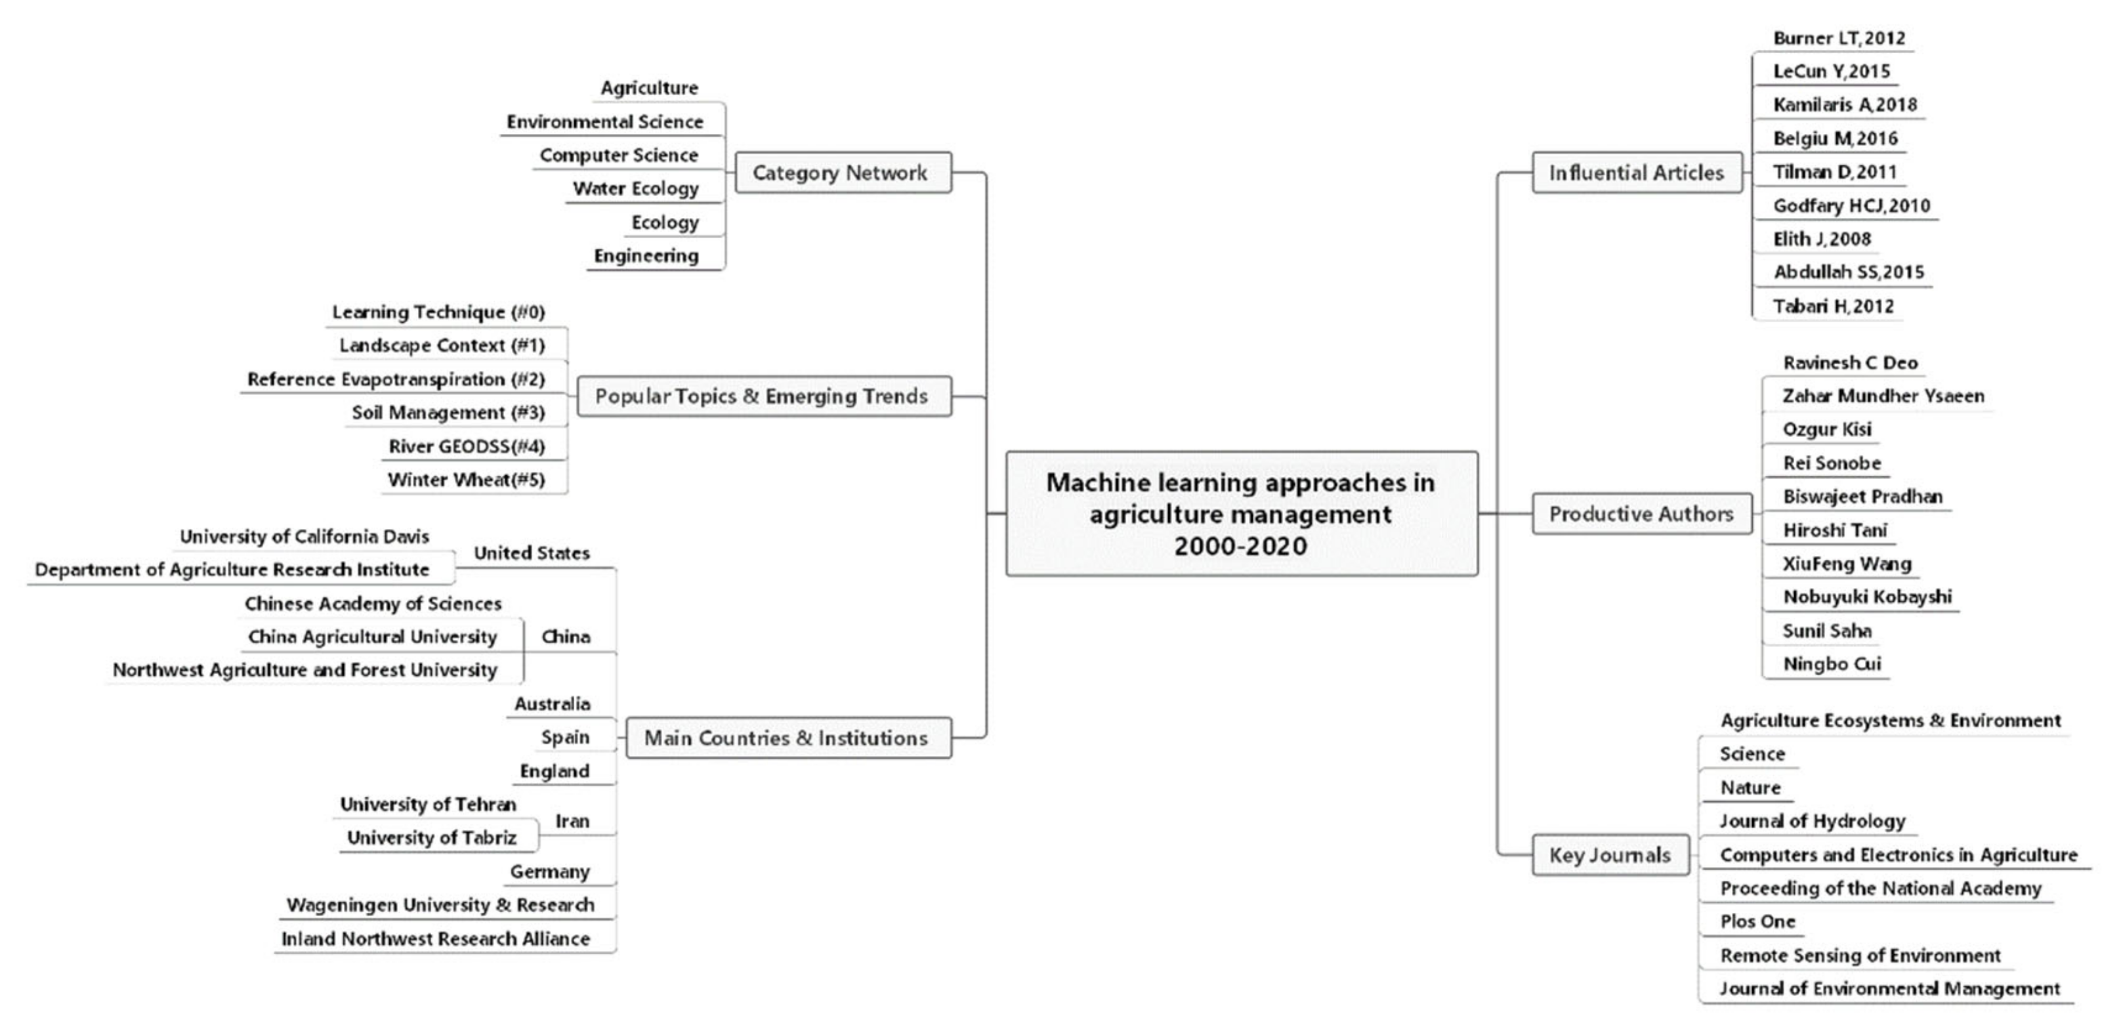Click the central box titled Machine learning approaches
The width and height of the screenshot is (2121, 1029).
[1241, 514]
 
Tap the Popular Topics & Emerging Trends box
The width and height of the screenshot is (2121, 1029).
[763, 396]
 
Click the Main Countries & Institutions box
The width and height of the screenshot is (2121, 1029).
[787, 738]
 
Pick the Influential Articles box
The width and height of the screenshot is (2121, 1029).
[1636, 173]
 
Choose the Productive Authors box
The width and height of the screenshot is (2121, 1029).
[1641, 514]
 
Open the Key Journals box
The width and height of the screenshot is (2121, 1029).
[1610, 855]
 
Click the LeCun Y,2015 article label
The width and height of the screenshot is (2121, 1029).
[1831, 72]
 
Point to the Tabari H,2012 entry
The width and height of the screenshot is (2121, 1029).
[1833, 306]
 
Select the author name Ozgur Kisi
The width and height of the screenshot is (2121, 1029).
[1826, 430]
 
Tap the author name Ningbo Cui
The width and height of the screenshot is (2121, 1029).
[1831, 664]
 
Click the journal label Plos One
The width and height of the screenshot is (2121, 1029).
[1757, 922]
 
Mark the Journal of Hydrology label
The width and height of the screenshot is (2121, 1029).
[1811, 822]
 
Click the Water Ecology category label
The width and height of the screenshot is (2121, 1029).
[636, 188]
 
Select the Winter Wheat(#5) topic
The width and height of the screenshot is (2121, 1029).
[466, 480]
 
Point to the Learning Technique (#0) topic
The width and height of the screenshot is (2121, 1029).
[438, 312]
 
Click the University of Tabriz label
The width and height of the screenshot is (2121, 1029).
[431, 838]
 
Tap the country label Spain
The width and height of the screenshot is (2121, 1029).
[565, 738]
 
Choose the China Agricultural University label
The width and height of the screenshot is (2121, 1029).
[372, 637]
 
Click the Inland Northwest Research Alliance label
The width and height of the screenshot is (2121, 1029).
[436, 939]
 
